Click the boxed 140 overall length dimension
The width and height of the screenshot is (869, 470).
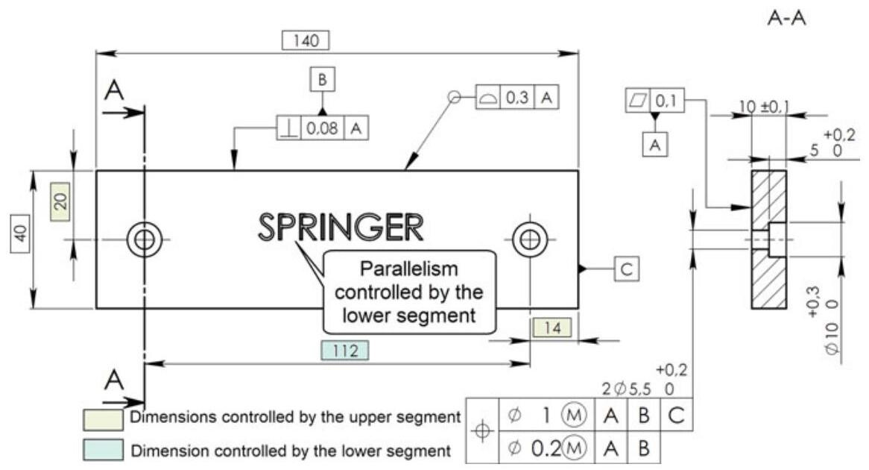click(306, 40)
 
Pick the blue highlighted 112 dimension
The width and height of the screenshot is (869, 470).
click(344, 349)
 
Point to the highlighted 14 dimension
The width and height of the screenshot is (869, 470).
click(551, 326)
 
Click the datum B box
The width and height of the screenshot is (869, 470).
click(323, 80)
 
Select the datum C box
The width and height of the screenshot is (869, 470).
click(626, 269)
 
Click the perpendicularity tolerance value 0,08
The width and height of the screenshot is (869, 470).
click(323, 128)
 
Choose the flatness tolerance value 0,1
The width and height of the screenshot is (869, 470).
click(669, 100)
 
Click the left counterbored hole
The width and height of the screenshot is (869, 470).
click(145, 239)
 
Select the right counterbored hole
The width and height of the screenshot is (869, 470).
click(530, 239)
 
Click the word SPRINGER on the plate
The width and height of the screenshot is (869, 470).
click(341, 227)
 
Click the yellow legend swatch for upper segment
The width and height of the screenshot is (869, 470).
click(104, 419)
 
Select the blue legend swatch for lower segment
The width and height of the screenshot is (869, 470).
click(104, 450)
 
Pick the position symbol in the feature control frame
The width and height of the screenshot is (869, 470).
click(483, 431)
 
